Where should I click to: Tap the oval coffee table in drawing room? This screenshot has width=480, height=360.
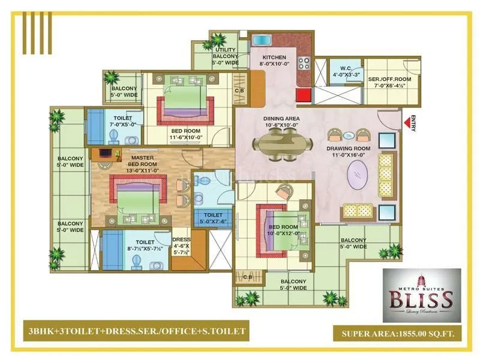pyautogui.click(x=361, y=178)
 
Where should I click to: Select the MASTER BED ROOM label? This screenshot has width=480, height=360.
pyautogui.click(x=144, y=164)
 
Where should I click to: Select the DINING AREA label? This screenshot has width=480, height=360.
pyautogui.click(x=281, y=122)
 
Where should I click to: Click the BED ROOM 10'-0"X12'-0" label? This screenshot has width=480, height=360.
pyautogui.click(x=283, y=230)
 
